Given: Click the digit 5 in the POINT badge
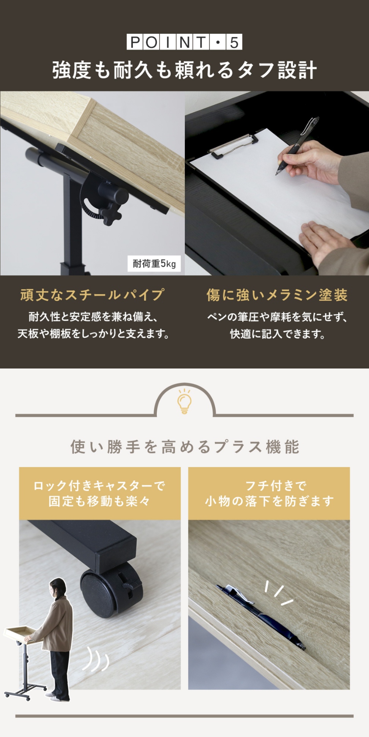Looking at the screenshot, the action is pyautogui.click(x=234, y=42).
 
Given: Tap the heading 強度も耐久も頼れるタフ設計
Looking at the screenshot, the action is pyautogui.click(x=184, y=71).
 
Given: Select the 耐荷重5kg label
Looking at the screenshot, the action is pyautogui.click(x=154, y=264).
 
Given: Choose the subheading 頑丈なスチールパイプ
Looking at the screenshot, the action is pyautogui.click(x=92, y=295).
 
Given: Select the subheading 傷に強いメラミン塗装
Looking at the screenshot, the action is pyautogui.click(x=277, y=295).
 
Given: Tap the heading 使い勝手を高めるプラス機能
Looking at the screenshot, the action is pyautogui.click(x=184, y=447).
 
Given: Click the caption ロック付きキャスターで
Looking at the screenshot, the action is pyautogui.click(x=99, y=486).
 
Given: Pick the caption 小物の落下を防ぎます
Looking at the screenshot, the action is pyautogui.click(x=269, y=501).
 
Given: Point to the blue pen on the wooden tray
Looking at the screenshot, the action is pyautogui.click(x=262, y=618).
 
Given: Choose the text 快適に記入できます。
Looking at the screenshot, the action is pyautogui.click(x=277, y=334).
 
